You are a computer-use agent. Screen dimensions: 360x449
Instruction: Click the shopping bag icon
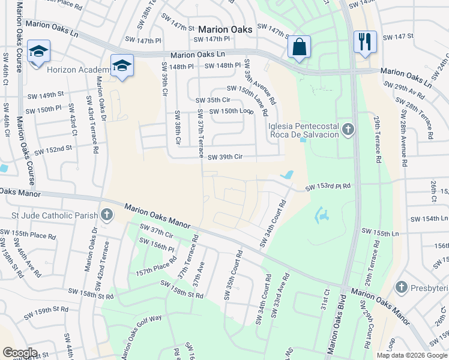(x=299, y=47)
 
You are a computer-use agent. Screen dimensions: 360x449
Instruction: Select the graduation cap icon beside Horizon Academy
(x=122, y=65)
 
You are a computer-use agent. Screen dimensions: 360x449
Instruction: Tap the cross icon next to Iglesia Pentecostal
(x=347, y=130)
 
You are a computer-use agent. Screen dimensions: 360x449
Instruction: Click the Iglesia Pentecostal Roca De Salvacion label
(x=304, y=130)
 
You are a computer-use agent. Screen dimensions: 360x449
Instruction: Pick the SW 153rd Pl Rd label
(x=327, y=188)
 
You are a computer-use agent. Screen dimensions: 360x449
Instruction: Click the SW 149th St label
(x=46, y=95)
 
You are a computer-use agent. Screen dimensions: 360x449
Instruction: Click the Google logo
(x=20, y=353)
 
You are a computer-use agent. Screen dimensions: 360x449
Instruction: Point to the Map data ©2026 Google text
(x=411, y=355)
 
